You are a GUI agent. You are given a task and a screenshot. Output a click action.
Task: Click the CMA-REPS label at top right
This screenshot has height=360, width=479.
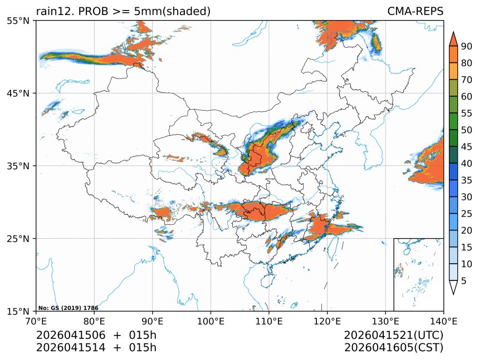(415, 11)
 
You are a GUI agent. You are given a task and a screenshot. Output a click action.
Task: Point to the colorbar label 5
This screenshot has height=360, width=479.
(463, 281)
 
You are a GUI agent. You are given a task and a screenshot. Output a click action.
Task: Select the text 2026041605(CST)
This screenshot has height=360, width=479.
(393, 348)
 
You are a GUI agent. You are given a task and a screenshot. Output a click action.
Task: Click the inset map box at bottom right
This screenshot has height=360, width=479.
(418, 274)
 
